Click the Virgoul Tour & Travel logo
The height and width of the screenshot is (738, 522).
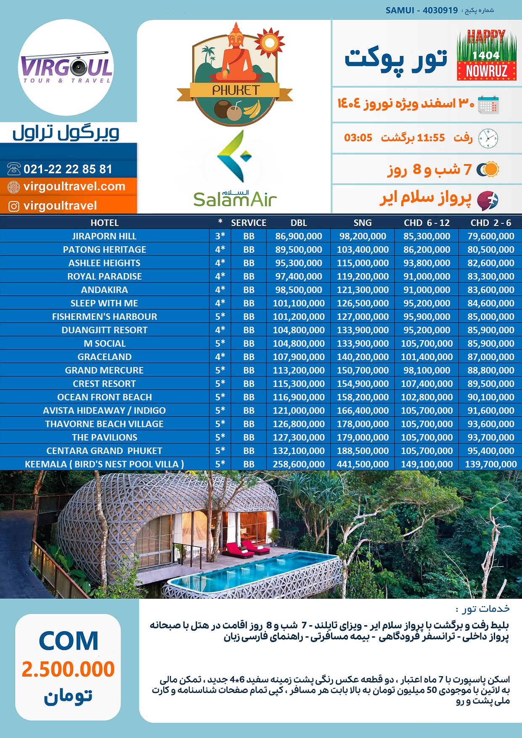coord(66,67)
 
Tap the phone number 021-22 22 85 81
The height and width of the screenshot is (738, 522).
coord(68,169)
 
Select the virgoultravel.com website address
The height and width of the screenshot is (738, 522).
coord(74,186)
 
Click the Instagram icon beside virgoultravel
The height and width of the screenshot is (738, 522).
coord(14,206)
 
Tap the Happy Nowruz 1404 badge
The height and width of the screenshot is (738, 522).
coord(486,55)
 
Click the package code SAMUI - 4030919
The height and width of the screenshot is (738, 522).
coord(421,10)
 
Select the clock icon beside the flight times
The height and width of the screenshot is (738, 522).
coord(488,138)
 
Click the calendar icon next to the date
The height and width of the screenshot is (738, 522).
coord(488,104)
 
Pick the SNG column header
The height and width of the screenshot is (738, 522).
coord(363,223)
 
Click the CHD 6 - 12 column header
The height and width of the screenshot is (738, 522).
coord(427,223)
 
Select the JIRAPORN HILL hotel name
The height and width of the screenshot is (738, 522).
coord(104,236)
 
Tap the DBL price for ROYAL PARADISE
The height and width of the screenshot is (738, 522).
coord(299,276)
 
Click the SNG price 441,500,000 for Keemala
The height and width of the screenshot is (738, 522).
coord(363,464)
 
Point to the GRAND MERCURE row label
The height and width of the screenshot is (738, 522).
coord(104,370)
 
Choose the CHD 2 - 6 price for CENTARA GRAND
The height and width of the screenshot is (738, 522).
coord(491,451)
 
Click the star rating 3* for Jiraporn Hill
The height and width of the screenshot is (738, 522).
coord(220,236)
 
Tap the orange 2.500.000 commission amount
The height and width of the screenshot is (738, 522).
coord(68,669)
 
